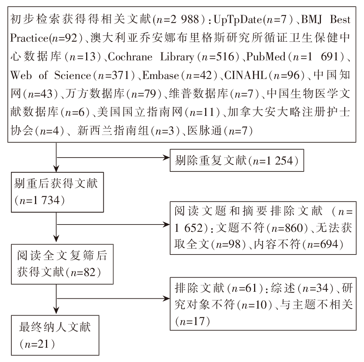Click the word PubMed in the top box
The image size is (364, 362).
coord(265,57)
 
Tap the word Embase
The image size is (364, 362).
coord(160,75)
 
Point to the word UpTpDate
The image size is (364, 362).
coord(238,20)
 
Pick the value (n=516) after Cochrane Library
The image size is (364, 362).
coord(218,57)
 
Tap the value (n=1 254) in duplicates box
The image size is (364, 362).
coord(273,161)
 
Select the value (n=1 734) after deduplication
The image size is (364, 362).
coord(40,200)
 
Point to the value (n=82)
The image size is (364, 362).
coord(84,272)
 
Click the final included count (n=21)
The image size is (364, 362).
coord(37,344)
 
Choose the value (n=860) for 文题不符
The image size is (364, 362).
coord(287,228)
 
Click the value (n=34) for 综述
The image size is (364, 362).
coord(316,289)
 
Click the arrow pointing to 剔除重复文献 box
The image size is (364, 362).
coord(113,158)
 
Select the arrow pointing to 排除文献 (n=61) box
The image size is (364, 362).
coord(113,298)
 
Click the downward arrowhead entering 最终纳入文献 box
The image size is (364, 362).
coord(56,310)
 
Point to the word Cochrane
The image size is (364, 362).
coord(130,57)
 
